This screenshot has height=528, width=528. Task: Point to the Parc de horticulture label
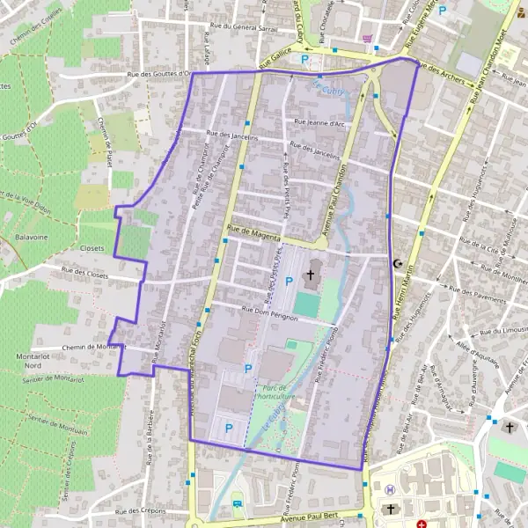(274, 392)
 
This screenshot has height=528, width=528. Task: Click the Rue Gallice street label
(274, 55)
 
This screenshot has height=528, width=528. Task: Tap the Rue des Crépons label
(140, 510)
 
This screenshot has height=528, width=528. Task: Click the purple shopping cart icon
(367, 38)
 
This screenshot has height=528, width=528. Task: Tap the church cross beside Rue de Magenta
(309, 276)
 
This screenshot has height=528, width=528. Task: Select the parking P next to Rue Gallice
(305, 60)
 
